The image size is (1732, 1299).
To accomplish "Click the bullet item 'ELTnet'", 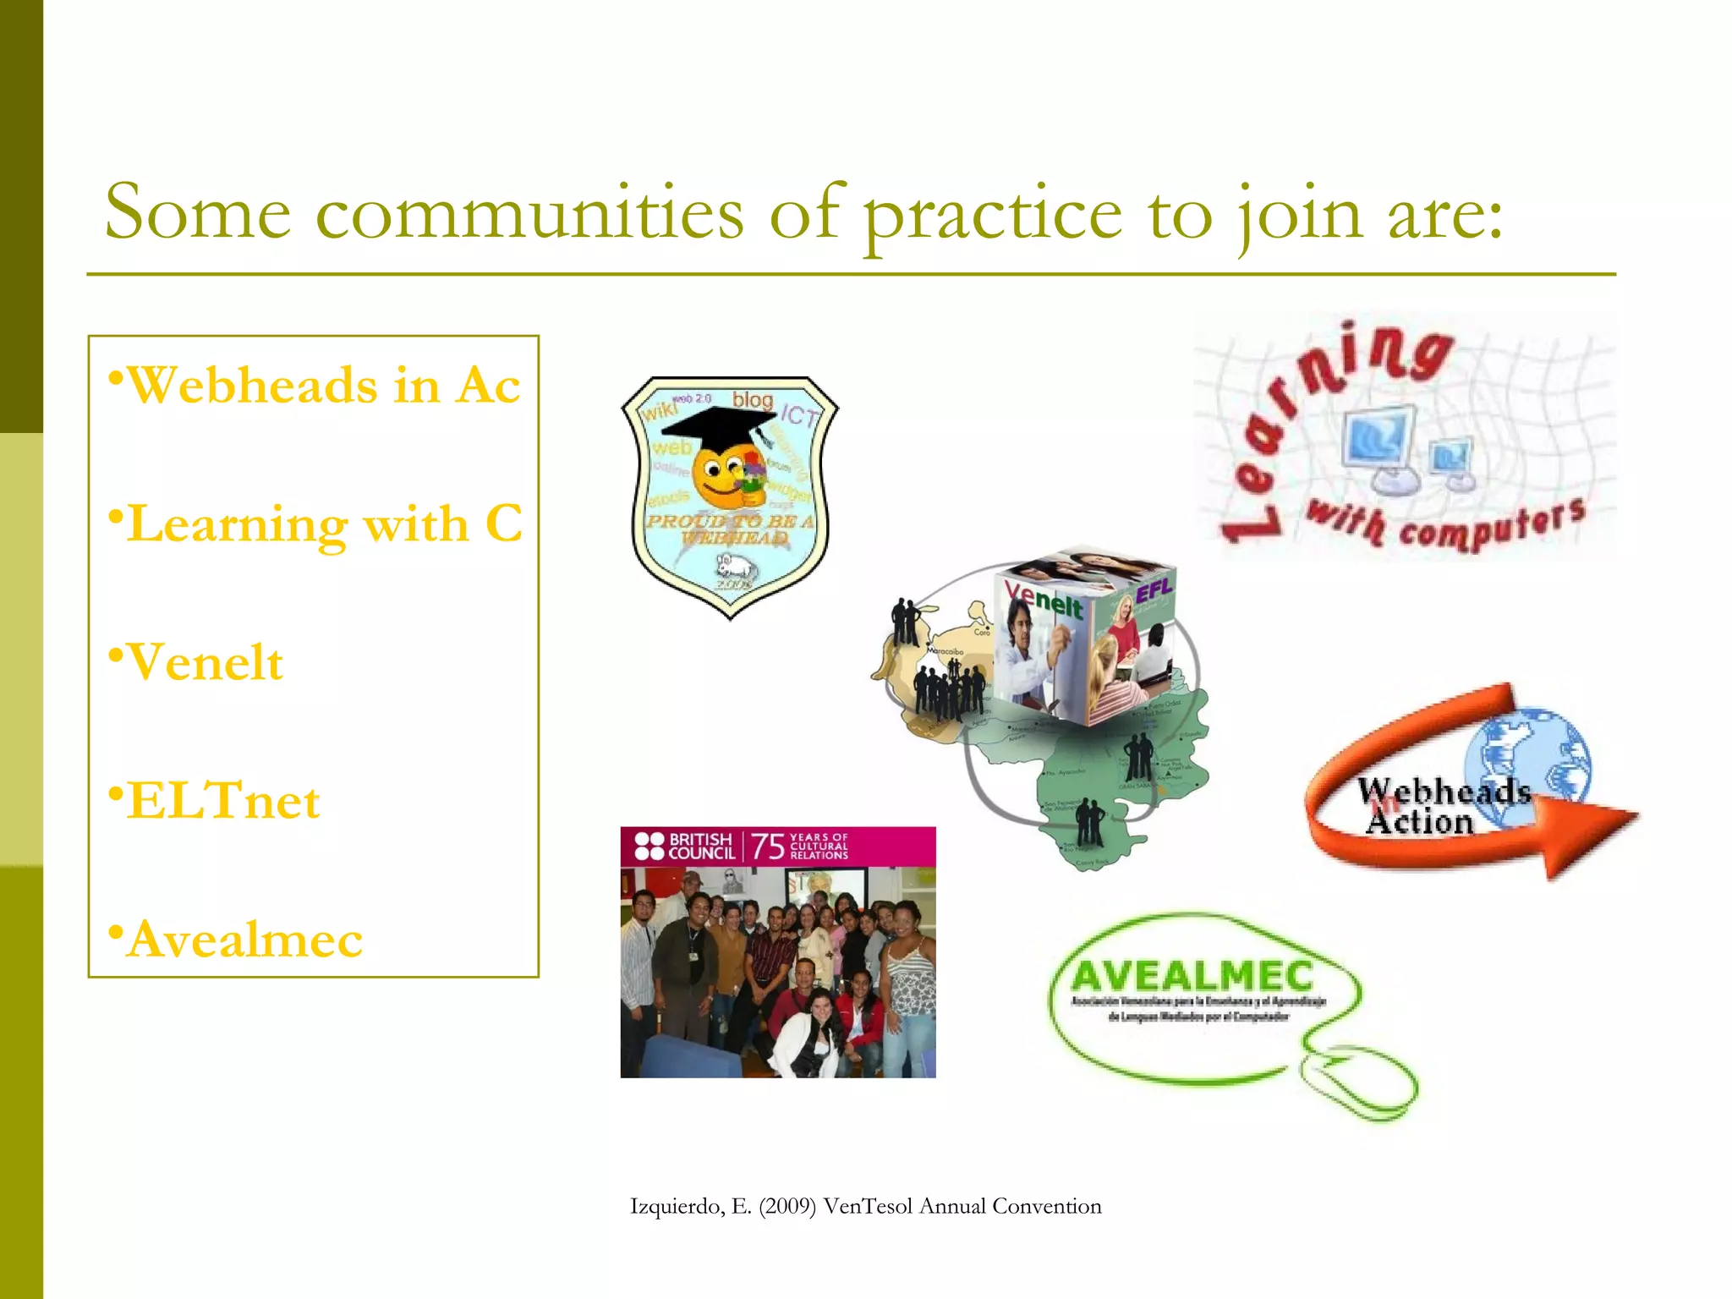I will pos(222,801).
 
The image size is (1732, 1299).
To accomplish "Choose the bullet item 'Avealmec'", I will pos(244,940).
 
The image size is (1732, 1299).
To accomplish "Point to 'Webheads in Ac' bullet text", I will pos(322,386).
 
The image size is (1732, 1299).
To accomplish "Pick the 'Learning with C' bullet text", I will pos(324,524).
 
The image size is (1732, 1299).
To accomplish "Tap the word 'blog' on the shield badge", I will pos(752,399).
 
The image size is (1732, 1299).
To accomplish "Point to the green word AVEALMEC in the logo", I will pos(1192,977).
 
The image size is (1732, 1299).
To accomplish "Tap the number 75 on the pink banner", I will pos(767,847).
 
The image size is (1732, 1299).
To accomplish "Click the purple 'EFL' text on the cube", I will pos(1154,590).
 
